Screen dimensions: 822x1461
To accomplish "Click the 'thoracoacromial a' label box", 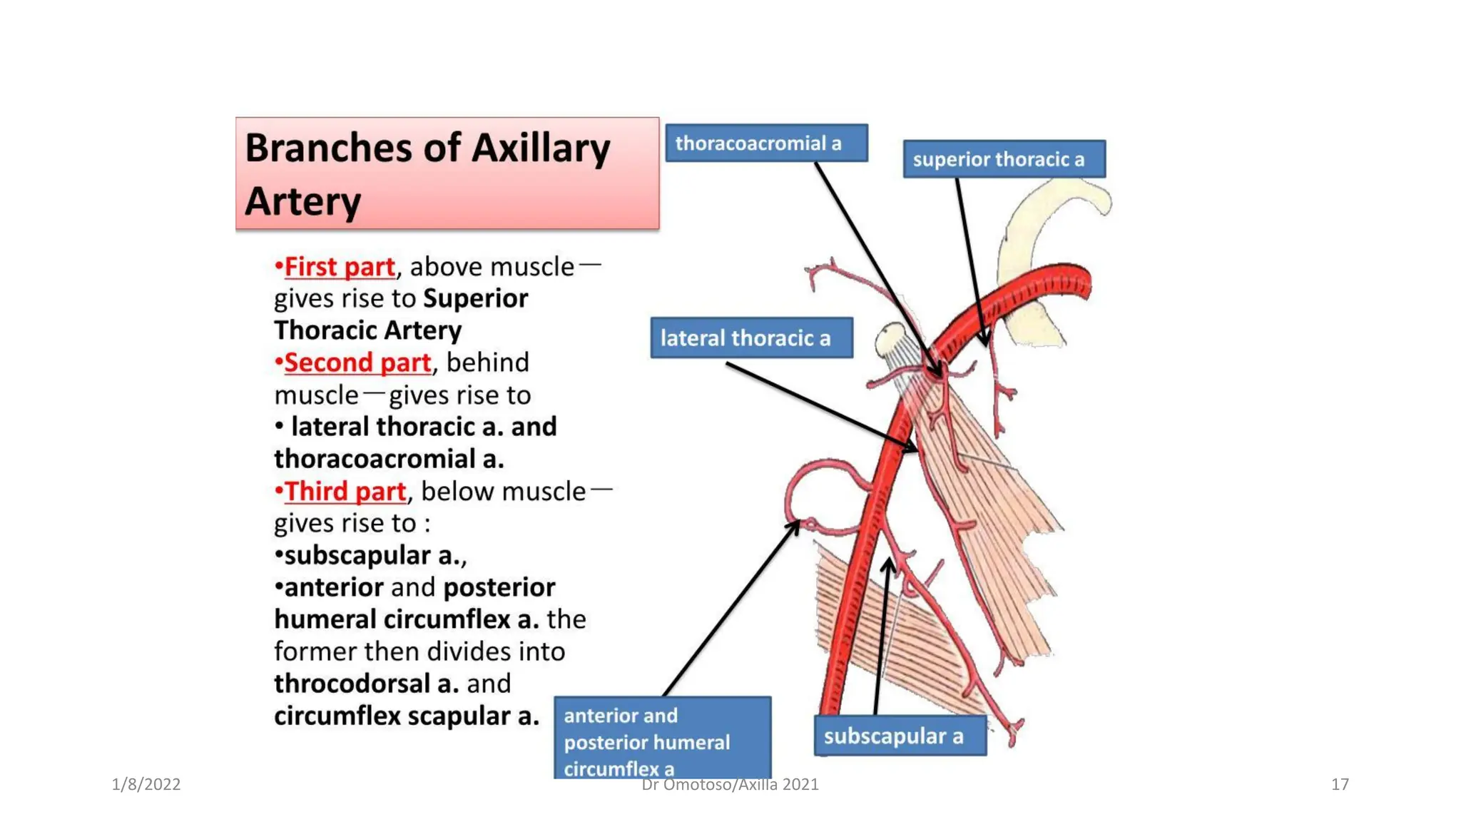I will (x=766, y=143).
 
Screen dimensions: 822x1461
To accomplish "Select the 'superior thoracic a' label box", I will (x=1004, y=158).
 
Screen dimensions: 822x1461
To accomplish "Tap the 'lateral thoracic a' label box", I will (x=751, y=338).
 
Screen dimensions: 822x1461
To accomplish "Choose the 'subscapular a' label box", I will (x=900, y=736).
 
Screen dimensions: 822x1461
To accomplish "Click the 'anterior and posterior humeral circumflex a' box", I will (x=661, y=739).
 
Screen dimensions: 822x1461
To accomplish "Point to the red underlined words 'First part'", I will (x=340, y=267).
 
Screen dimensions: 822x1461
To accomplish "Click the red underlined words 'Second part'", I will (x=357, y=362).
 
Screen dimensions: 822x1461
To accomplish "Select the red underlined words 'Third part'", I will (x=345, y=491).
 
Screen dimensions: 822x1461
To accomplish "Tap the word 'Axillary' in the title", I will (x=541, y=148).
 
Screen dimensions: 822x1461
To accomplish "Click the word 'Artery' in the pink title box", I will (x=303, y=201).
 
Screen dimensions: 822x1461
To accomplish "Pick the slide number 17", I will (x=1339, y=784).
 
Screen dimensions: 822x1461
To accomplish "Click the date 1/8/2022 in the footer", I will (x=146, y=784).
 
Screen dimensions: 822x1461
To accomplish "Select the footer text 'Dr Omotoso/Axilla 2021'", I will (x=730, y=785).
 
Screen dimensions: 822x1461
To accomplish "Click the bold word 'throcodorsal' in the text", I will (x=354, y=684).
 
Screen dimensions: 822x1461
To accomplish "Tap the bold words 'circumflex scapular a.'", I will (x=406, y=716).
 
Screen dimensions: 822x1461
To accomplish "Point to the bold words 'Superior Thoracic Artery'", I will (x=400, y=314).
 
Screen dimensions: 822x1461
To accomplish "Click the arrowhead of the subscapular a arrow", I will (x=888, y=566).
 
